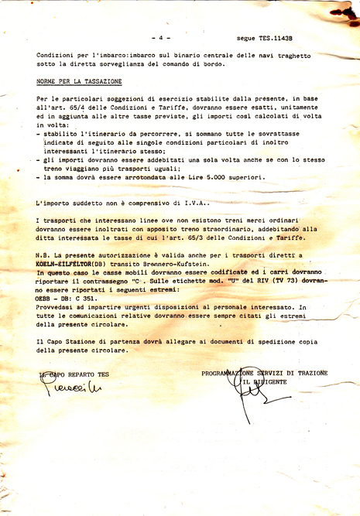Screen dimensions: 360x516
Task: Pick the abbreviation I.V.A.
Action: point(194,203)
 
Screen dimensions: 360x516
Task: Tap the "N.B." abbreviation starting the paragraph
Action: point(43,254)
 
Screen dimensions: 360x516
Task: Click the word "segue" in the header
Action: point(247,37)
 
